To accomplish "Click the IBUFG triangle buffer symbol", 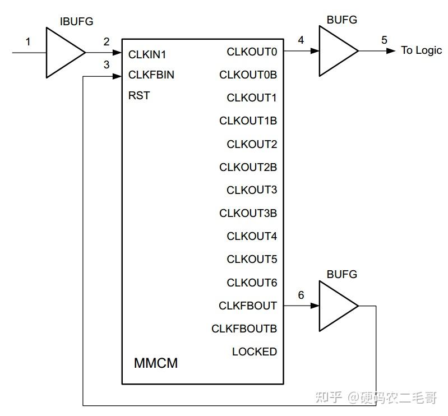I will pos(63,53).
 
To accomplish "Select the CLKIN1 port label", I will pos(147,55).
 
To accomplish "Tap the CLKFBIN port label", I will pos(151,75).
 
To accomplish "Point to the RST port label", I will pos(139,95).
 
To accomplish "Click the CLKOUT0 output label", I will pos(252,52).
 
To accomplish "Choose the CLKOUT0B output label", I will pos(248,75).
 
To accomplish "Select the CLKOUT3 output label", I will pos(252,190).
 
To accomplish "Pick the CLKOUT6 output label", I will pos(252,283).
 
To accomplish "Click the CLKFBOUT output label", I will pos(248,306).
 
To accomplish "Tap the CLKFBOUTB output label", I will pos(244,329).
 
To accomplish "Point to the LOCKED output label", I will pos(255,352).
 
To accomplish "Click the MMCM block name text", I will pos(156,363).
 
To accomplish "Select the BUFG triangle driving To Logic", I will pos(336,51).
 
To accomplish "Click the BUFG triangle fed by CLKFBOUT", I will pos(336,306).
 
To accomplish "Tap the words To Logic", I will pos(421,50).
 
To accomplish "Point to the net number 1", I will pos(28,41).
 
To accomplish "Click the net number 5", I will pos(384,40).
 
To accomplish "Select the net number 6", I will pos(301,295).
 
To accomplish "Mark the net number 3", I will pos(107,64).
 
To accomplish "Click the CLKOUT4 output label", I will pos(252,237).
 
